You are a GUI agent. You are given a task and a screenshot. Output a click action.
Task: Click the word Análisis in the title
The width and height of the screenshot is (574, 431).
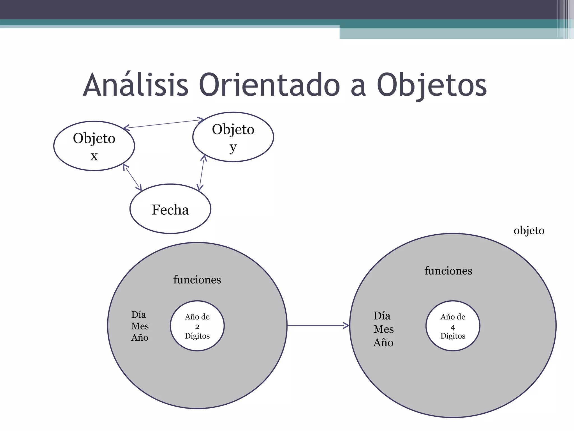coord(136,85)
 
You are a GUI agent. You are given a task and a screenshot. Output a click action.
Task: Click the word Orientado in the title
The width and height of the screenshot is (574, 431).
coord(269,85)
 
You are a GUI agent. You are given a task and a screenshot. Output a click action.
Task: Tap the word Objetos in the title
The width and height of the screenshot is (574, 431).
coord(432,85)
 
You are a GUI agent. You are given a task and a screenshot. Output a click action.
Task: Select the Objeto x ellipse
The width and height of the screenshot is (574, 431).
coord(94,146)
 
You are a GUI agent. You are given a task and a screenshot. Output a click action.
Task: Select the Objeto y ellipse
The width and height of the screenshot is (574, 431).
coord(233,137)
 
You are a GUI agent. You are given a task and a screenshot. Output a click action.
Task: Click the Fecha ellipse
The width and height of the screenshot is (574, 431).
coord(170,209)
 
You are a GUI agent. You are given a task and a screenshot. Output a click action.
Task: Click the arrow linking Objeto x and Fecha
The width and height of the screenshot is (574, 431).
coord(132,178)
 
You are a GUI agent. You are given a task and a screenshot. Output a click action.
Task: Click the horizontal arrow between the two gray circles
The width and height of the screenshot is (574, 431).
coord(318,325)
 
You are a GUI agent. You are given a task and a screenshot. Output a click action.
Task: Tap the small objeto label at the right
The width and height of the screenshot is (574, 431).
coord(529,231)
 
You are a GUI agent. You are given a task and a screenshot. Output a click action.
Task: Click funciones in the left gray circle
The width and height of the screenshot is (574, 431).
coord(197,280)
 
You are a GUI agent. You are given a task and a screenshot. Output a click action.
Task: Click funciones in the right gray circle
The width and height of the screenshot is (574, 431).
coord(448,271)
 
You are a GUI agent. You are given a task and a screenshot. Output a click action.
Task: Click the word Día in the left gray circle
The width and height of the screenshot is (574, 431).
coord(138,315)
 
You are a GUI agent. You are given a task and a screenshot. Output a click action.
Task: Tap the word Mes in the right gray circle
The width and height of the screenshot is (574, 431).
coord(383,329)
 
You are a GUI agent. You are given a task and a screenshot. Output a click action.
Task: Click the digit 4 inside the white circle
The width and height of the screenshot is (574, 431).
coord(453,327)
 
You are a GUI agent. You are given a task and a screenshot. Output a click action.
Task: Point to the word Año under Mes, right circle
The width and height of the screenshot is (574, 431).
coord(383,343)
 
